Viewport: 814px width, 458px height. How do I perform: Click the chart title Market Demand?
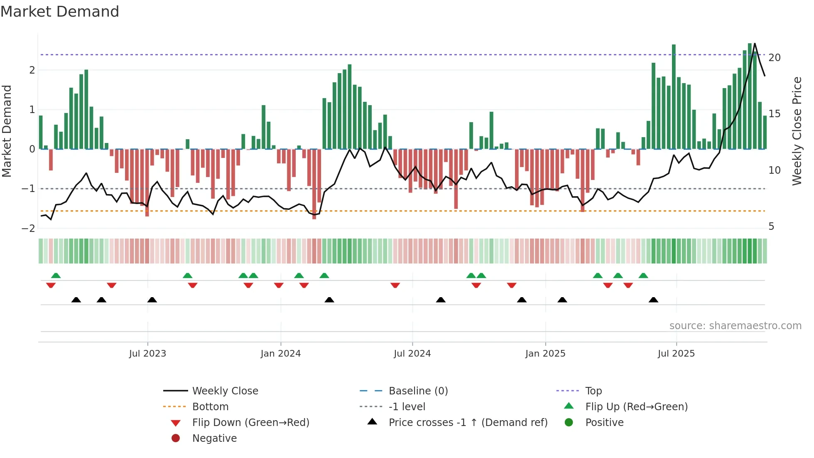(60, 12)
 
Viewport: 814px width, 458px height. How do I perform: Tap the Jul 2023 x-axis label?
(147, 354)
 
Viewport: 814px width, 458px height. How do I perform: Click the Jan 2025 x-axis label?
(545, 354)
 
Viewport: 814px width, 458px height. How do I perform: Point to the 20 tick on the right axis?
(774, 58)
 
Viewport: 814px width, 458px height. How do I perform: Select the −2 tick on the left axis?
(28, 228)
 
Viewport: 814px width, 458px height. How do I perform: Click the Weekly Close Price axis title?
(797, 131)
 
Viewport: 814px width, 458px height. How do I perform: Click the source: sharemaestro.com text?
(735, 326)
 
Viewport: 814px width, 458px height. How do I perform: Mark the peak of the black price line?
(755, 44)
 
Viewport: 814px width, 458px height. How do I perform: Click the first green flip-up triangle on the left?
(56, 276)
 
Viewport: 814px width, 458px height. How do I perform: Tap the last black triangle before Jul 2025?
(653, 300)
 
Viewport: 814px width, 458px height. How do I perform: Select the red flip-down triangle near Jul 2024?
(395, 285)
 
